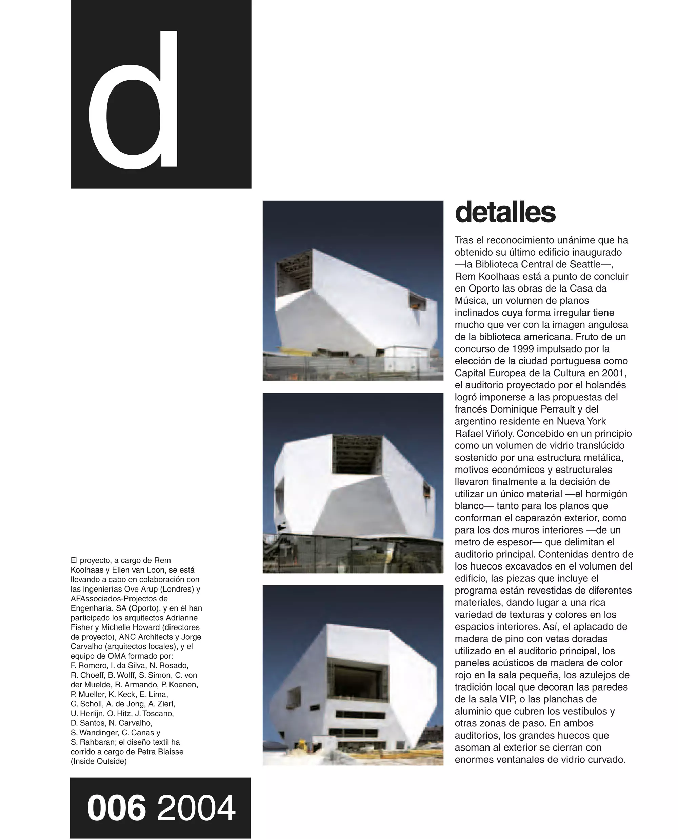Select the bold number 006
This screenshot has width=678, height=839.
click(x=116, y=807)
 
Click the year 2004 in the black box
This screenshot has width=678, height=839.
click(x=196, y=807)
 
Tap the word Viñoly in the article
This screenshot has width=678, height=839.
click(x=498, y=434)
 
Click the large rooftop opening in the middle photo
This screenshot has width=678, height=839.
click(x=356, y=454)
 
